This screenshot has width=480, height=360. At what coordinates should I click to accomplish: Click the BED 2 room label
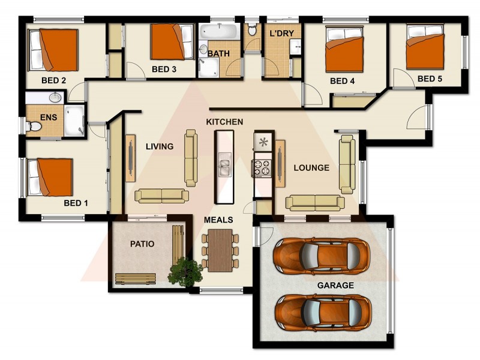coord(53,80)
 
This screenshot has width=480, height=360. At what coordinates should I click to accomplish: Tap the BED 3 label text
coord(164,69)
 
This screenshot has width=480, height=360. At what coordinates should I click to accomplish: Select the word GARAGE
coord(335,286)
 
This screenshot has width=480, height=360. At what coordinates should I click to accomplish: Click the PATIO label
coord(142,244)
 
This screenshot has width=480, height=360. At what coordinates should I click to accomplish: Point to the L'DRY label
coord(281,34)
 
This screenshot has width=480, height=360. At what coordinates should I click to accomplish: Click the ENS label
coord(48,118)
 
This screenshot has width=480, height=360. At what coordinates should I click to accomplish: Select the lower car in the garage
coord(322,313)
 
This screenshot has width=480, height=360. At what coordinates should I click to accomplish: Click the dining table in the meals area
coord(220,249)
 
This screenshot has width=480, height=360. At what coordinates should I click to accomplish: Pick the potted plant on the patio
coord(185,271)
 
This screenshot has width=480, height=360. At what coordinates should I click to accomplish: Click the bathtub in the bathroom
coord(219,31)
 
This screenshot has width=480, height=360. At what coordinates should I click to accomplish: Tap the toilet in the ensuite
coord(35,127)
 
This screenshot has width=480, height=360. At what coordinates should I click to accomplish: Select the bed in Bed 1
coord(50,176)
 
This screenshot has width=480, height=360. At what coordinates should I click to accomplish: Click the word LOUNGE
coord(311,168)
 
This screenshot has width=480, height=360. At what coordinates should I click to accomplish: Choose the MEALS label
coord(218,220)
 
